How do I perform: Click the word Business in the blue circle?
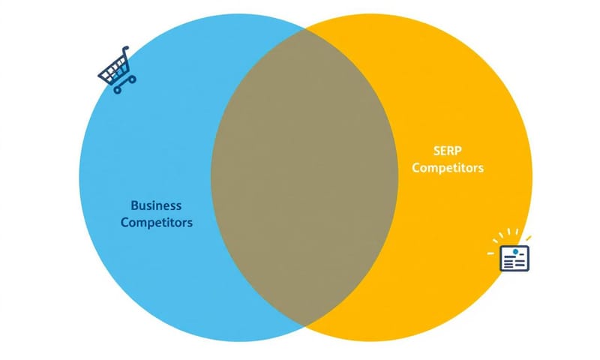click(x=156, y=205)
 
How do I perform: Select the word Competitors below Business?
click(x=156, y=223)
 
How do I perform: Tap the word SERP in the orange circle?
click(x=448, y=150)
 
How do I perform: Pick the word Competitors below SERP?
click(x=448, y=168)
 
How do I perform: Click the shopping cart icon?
click(x=116, y=70)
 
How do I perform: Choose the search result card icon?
click(x=514, y=258)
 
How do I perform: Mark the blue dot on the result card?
click(x=516, y=250)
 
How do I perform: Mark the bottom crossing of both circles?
click(x=304, y=326)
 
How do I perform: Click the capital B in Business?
click(x=134, y=205)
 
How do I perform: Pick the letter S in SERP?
click(x=436, y=150)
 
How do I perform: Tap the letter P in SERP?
click(x=460, y=150)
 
